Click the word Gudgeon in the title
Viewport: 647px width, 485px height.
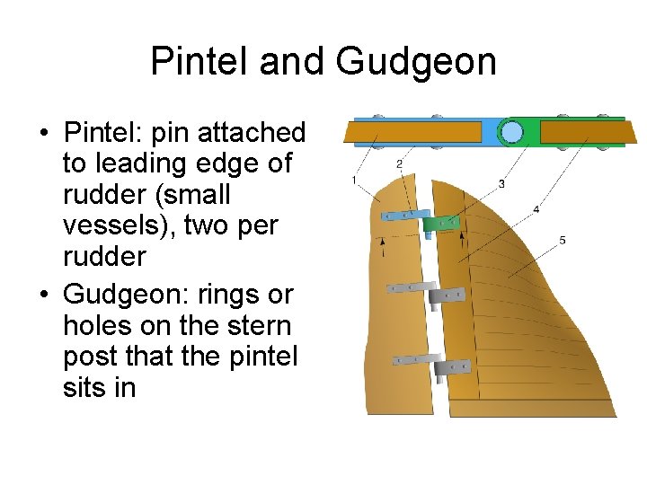(416, 62)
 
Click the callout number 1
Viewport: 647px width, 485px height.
(355, 181)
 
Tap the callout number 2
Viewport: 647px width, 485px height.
(399, 163)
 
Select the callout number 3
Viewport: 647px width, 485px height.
(501, 184)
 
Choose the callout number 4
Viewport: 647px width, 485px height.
(536, 209)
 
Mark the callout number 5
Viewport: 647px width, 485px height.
(563, 240)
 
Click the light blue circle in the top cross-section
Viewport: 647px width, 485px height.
(511, 133)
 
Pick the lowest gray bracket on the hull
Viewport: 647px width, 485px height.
(451, 367)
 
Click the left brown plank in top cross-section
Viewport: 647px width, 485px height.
(413, 133)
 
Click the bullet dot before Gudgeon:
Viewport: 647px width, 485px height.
(43, 294)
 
